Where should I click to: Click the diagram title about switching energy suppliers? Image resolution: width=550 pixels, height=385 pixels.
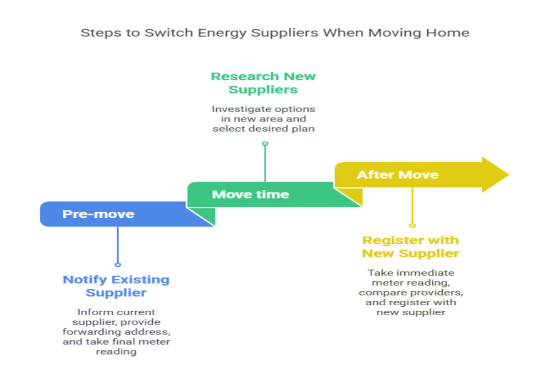[275, 32]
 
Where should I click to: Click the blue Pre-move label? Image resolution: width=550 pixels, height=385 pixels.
[98, 214]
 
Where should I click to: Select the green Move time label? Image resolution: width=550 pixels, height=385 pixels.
[250, 194]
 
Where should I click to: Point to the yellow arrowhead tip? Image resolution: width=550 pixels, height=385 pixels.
[509, 175]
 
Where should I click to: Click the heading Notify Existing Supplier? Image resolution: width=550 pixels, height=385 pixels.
[116, 286]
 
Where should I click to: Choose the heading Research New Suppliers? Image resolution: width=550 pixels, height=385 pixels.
[263, 82]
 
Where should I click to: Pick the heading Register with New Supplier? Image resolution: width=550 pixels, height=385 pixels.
[410, 247]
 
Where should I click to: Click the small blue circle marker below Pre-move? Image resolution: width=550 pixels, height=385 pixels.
[118, 265]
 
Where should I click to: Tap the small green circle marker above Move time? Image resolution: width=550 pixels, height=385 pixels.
[265, 144]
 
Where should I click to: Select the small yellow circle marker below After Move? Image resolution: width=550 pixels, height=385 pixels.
[413, 226]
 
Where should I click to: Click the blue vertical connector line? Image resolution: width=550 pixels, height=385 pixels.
[118, 245]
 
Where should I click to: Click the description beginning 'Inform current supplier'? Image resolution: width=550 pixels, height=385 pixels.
[116, 332]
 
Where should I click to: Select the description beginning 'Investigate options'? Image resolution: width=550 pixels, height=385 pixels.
[263, 119]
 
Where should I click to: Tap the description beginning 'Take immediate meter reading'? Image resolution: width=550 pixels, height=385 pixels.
[410, 292]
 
